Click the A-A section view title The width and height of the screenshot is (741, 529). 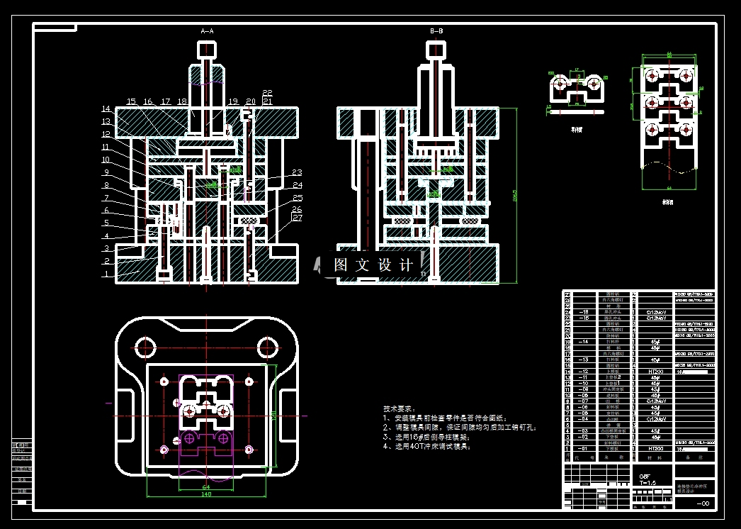[x=208, y=32]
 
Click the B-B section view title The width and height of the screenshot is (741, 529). [x=436, y=32]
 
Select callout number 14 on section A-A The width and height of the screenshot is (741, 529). [x=106, y=109]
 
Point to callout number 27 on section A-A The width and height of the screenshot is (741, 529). [x=297, y=218]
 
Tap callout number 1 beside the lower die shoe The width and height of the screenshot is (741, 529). [x=107, y=274]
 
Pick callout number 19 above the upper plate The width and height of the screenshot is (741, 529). [x=233, y=101]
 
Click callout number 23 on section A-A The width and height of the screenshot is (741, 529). [x=297, y=172]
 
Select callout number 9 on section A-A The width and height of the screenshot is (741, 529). [x=106, y=172]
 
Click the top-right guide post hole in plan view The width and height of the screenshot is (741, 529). [x=267, y=347]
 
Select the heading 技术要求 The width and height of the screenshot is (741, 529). [x=397, y=409]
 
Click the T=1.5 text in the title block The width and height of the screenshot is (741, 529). [x=648, y=481]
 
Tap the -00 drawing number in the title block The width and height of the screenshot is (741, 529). [x=703, y=503]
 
